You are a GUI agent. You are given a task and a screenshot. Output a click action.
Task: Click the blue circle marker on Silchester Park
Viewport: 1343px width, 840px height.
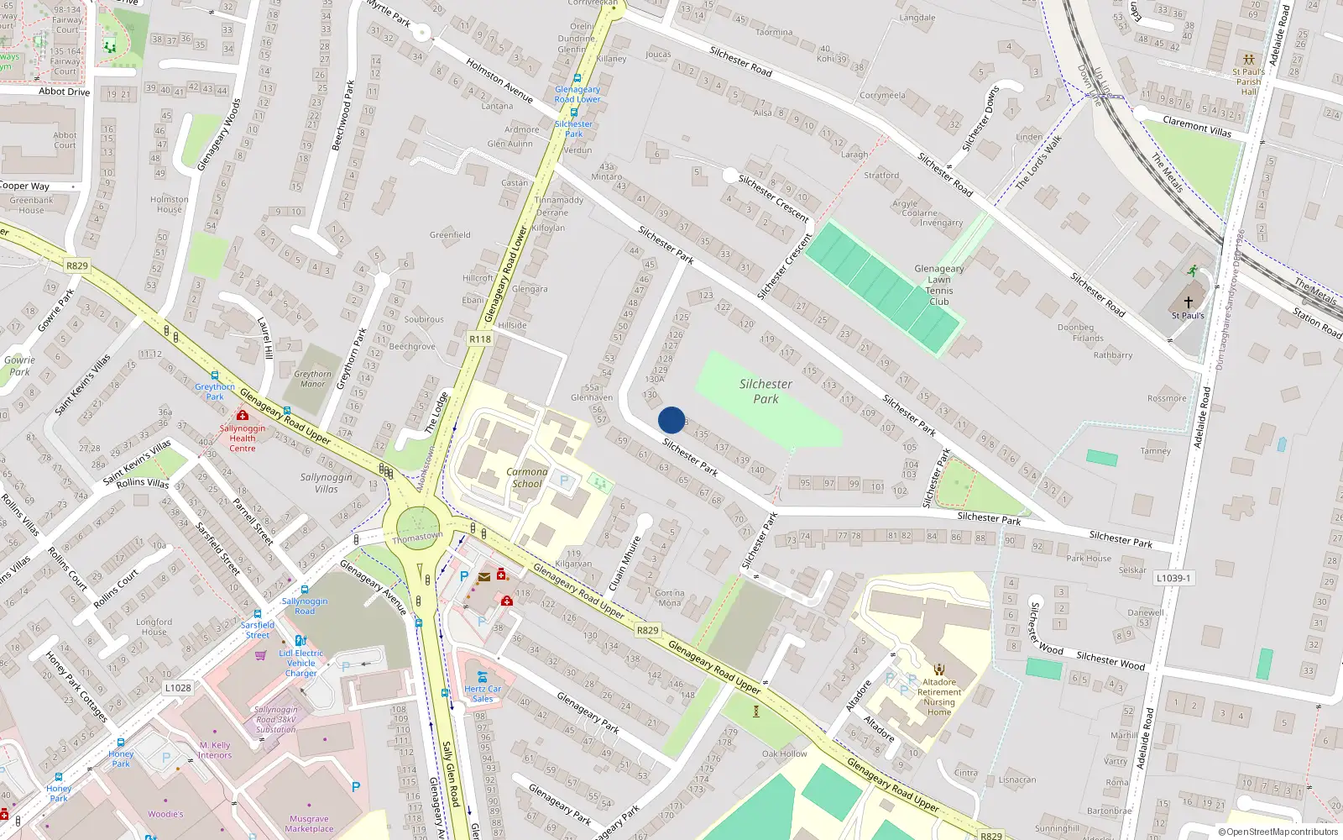pos(671,420)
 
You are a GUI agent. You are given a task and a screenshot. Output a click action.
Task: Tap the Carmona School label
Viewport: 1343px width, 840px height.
pos(526,477)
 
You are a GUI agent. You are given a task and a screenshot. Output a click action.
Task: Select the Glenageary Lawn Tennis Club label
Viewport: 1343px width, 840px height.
pos(938,285)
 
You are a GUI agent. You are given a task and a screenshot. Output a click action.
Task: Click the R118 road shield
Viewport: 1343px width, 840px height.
pos(479,339)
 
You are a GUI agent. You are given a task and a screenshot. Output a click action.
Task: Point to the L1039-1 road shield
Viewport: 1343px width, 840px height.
pos(1173,578)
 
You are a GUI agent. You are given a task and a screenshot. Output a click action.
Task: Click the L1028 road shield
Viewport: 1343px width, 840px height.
pos(177,687)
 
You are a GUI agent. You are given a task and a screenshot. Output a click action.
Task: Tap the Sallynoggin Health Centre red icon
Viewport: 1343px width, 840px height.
pos(243,415)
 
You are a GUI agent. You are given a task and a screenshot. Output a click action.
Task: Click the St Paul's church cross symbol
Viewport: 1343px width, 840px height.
pos(1188,302)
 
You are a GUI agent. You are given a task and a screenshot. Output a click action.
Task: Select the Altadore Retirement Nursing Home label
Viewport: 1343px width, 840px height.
pos(939,697)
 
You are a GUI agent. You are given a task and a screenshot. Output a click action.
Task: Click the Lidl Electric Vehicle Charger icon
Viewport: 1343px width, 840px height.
pos(300,641)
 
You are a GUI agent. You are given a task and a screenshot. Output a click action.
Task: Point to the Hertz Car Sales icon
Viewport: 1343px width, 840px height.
pos(482,676)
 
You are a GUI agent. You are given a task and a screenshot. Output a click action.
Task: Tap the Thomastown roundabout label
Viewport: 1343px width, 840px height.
pos(417,537)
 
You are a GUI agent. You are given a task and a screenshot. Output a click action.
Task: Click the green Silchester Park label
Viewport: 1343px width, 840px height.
pos(766,391)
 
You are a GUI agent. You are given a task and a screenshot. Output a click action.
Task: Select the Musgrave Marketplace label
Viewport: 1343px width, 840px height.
pos(309,823)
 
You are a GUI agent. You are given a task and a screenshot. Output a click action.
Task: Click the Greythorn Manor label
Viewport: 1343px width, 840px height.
pos(312,379)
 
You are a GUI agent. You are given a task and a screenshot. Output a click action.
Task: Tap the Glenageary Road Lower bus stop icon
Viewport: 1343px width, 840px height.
pos(577,78)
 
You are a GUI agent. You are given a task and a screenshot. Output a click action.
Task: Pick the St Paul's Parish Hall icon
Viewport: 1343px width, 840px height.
pos(1249,60)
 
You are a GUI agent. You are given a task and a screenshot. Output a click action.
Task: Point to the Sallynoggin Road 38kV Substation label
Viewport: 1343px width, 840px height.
pos(276,719)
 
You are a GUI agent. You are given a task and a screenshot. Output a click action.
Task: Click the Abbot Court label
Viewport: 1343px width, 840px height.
pos(65,139)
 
